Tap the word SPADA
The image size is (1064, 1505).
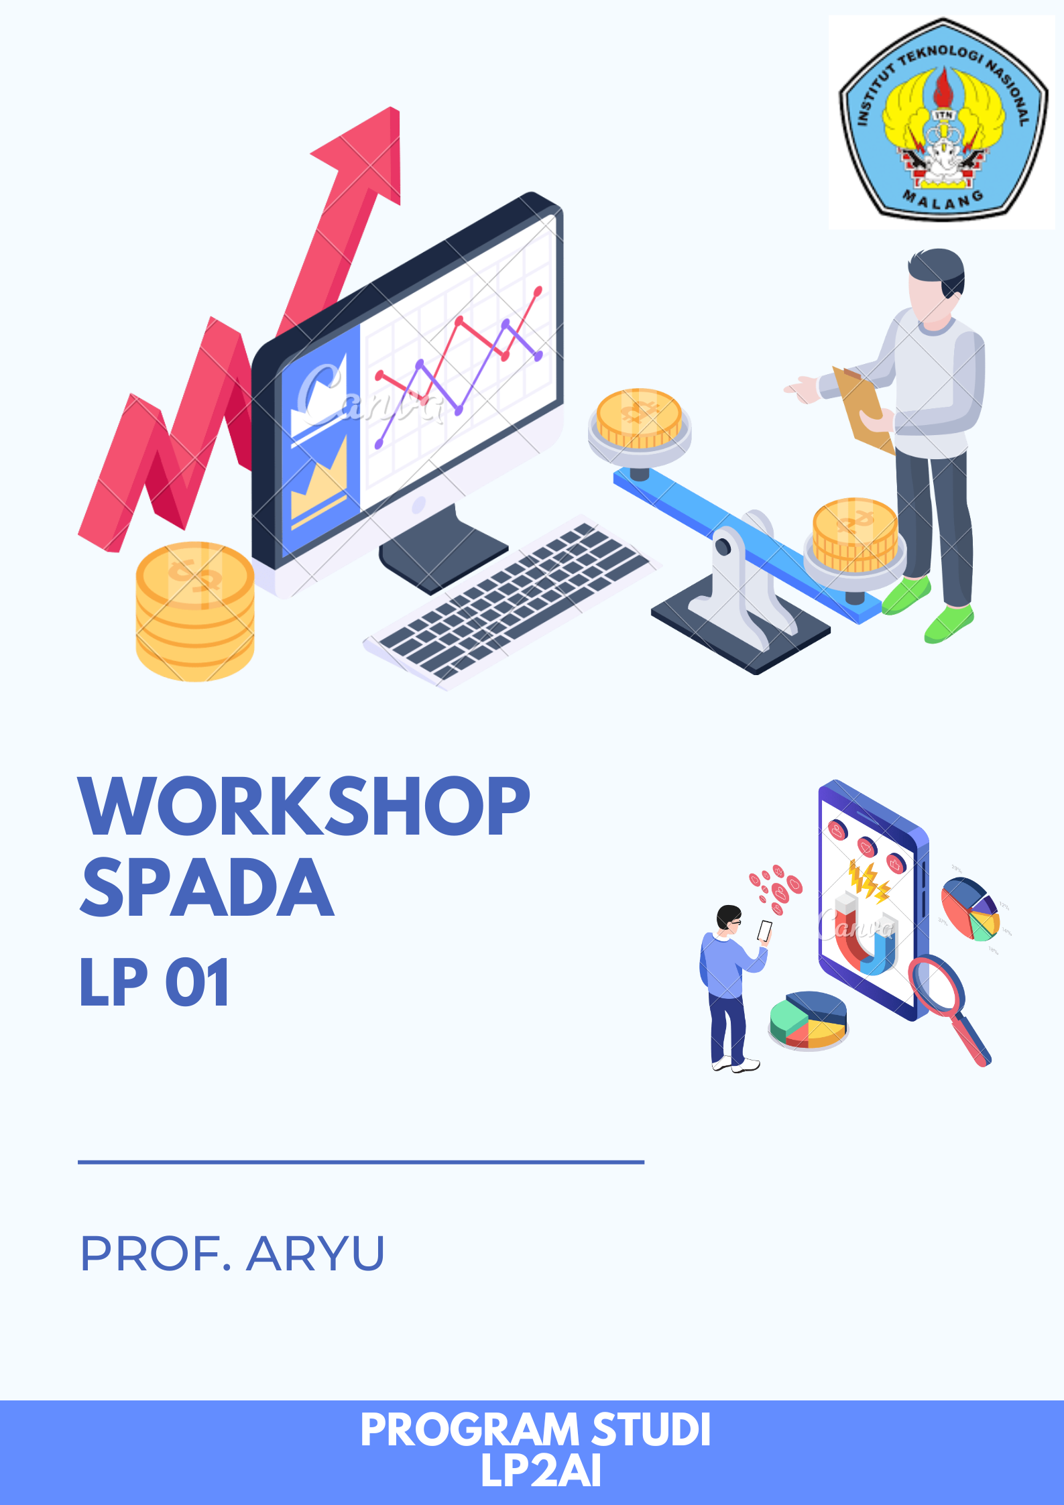[207, 888]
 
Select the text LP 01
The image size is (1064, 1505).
[155, 983]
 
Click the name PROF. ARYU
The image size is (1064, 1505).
[232, 1254]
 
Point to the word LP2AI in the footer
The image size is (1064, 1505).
[540, 1471]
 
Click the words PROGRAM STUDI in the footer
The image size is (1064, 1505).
[535, 1430]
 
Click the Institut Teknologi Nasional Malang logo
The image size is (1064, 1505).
[942, 121]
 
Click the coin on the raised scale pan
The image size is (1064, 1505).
[639, 419]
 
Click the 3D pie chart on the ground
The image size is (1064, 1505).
[808, 1019]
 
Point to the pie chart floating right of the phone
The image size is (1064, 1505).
[969, 908]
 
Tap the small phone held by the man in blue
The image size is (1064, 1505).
[764, 930]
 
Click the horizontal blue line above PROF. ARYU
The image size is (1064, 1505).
[361, 1162]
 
